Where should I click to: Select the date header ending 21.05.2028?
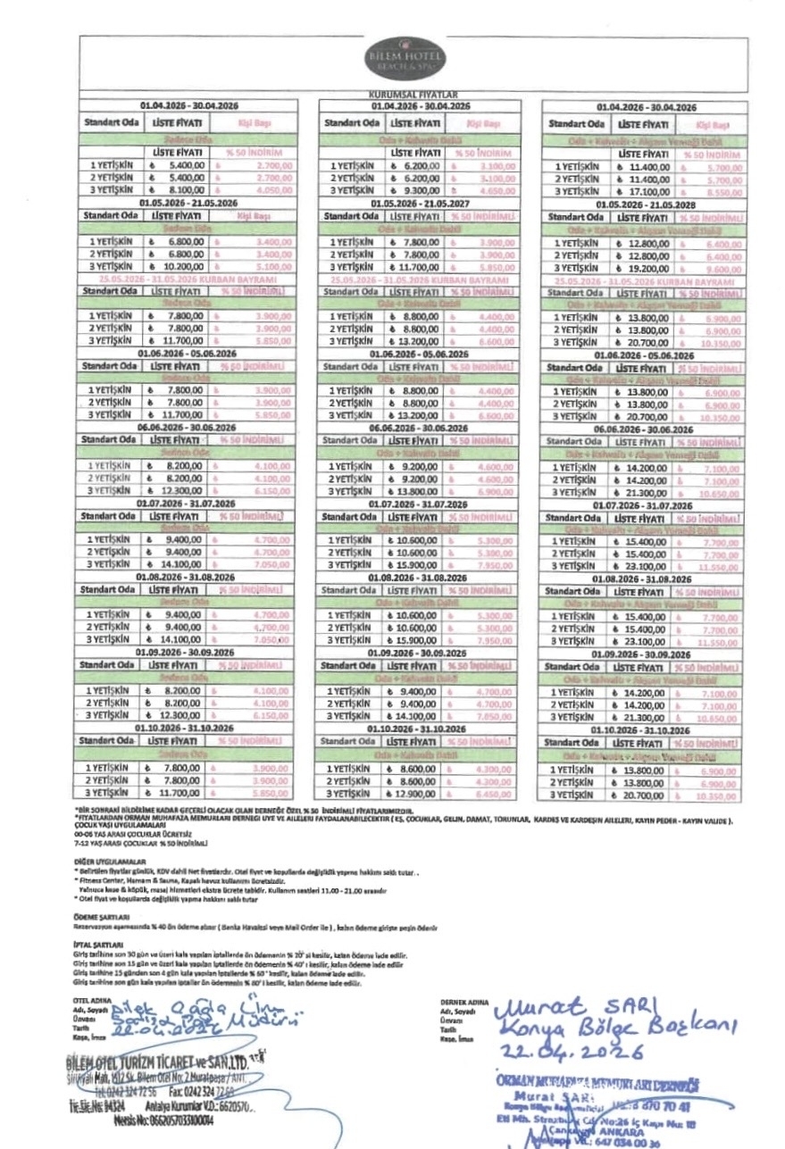[646, 204]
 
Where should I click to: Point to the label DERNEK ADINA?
[462, 1003]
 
